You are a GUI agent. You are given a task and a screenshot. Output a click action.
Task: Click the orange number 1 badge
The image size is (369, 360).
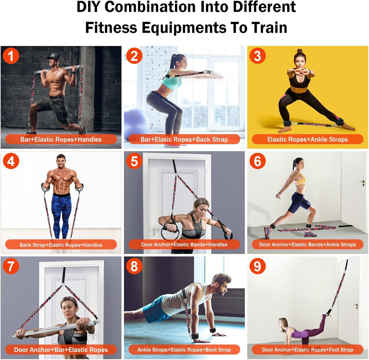point(11,56)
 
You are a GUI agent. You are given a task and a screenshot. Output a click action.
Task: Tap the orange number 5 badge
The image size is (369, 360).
point(134,161)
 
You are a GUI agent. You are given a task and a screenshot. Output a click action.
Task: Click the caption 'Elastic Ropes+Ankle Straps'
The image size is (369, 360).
point(307,139)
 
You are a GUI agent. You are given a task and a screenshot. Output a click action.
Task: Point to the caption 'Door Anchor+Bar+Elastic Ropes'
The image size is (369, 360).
point(61,350)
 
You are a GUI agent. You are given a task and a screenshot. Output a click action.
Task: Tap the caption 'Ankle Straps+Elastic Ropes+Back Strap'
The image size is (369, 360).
point(184,350)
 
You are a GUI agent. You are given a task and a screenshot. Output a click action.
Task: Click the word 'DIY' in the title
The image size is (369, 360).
point(89,7)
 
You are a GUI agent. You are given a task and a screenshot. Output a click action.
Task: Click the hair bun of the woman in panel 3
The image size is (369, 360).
point(300,51)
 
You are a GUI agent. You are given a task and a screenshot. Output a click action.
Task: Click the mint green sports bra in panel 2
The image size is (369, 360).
point(172,80)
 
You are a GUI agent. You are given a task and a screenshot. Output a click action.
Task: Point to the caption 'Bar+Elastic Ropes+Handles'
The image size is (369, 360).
point(61,139)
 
